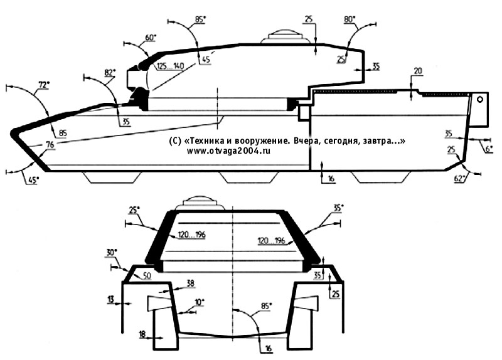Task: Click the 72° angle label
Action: click(45, 85)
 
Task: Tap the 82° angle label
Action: click(109, 72)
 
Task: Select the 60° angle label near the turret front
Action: click(151, 38)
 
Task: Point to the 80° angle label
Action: click(350, 19)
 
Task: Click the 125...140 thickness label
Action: click(170, 66)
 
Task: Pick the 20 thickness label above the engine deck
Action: click(418, 71)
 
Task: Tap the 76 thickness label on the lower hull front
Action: click(50, 145)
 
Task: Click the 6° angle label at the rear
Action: click(489, 149)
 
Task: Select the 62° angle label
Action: click(460, 178)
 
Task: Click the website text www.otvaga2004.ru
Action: click(228, 151)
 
